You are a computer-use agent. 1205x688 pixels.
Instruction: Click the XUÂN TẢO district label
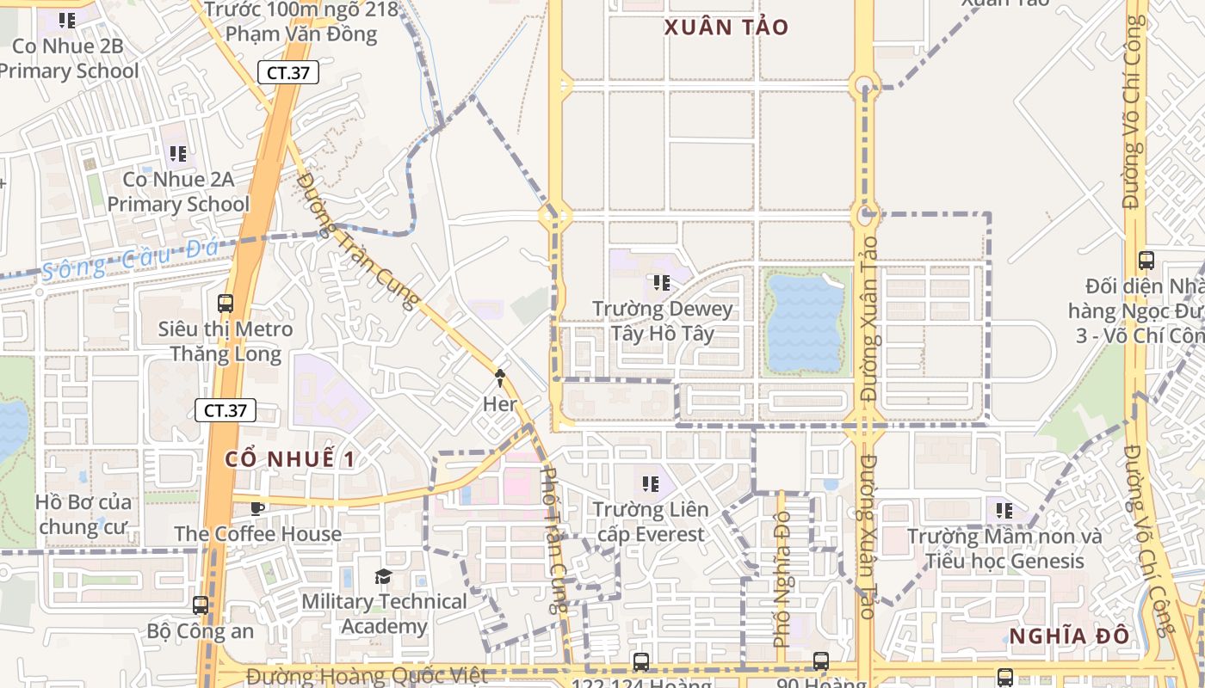pyautogui.click(x=726, y=27)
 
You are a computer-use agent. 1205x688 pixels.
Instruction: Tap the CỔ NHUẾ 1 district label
pyautogui.click(x=290, y=458)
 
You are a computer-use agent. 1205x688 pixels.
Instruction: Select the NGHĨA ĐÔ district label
pyautogui.click(x=1068, y=636)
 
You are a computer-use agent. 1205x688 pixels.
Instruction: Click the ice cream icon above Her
pyautogui.click(x=499, y=377)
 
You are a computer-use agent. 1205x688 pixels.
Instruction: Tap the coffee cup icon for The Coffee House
pyautogui.click(x=257, y=508)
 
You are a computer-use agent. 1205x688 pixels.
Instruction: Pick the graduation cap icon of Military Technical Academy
pyautogui.click(x=383, y=576)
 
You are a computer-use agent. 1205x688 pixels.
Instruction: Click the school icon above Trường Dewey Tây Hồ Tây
pyautogui.click(x=661, y=282)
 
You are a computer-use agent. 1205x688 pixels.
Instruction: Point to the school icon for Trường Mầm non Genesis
pyautogui.click(x=1004, y=511)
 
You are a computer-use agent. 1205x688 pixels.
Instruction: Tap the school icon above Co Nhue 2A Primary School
pyautogui.click(x=177, y=154)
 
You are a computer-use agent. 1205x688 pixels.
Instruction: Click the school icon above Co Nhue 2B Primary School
pyautogui.click(x=67, y=20)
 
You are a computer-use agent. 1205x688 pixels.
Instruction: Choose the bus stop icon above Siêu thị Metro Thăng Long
pyautogui.click(x=226, y=303)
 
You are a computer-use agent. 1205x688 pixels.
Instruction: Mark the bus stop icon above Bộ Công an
pyautogui.click(x=201, y=605)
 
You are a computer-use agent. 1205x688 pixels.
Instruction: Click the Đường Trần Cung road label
pyautogui.click(x=356, y=240)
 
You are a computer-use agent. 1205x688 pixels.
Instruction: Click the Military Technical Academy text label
pyautogui.click(x=383, y=613)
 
